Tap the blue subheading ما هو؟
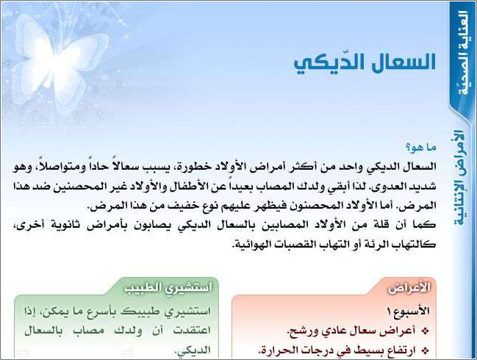[421, 148]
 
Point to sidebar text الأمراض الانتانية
[460, 177]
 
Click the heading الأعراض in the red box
[409, 288]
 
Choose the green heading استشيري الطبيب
[168, 288]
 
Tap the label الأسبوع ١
[408, 311]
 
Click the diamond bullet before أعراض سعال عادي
[425, 331]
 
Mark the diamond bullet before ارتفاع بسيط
[425, 351]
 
